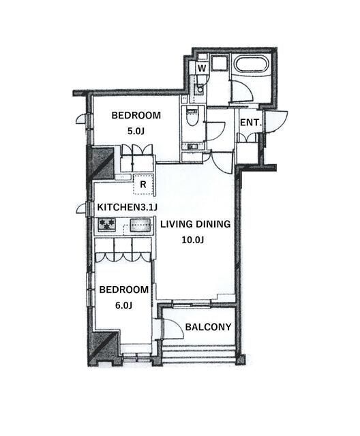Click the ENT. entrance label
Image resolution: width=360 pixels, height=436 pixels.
click(251, 123)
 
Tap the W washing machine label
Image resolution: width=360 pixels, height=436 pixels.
click(202, 68)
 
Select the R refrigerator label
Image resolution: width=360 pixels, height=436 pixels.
click(143, 185)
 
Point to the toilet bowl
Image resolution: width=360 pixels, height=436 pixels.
click(192, 117)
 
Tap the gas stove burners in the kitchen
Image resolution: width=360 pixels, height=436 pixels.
click(107, 225)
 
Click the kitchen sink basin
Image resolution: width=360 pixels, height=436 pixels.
click(140, 225)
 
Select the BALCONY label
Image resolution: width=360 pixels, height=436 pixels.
click(209, 327)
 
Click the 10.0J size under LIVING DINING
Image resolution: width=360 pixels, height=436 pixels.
click(193, 240)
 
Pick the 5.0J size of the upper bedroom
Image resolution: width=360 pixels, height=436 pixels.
click(136, 131)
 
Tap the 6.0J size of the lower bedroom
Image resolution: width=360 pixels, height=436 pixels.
click(123, 306)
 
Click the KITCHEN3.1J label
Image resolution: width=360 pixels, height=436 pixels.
click(127, 207)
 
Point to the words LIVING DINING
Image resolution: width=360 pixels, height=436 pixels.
click(195, 224)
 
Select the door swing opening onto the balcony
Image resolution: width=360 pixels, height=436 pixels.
click(172, 329)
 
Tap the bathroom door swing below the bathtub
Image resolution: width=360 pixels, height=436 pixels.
click(241, 90)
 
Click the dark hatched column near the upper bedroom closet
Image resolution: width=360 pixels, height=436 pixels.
click(101, 163)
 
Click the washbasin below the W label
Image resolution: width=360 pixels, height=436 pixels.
click(199, 89)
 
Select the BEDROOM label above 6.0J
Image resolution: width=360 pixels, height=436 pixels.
click(124, 290)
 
